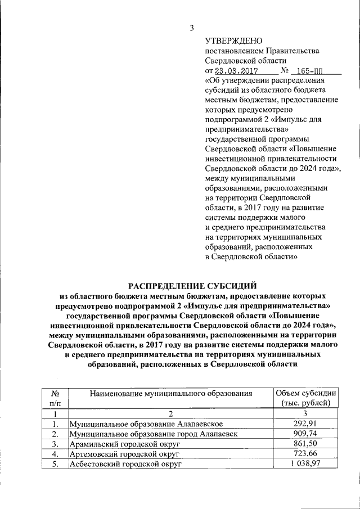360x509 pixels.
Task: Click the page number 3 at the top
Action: click(x=192, y=28)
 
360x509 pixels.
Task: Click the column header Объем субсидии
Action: click(x=305, y=393)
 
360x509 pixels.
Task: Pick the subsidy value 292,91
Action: click(x=305, y=424)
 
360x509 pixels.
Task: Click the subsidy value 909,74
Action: click(x=305, y=434)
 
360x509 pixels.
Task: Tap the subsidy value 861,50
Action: click(x=305, y=444)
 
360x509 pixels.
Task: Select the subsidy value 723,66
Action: click(x=305, y=454)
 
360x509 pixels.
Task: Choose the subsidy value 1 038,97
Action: click(x=305, y=465)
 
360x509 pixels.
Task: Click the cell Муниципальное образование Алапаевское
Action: click(x=147, y=424)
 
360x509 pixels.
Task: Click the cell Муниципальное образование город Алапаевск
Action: click(x=157, y=434)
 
